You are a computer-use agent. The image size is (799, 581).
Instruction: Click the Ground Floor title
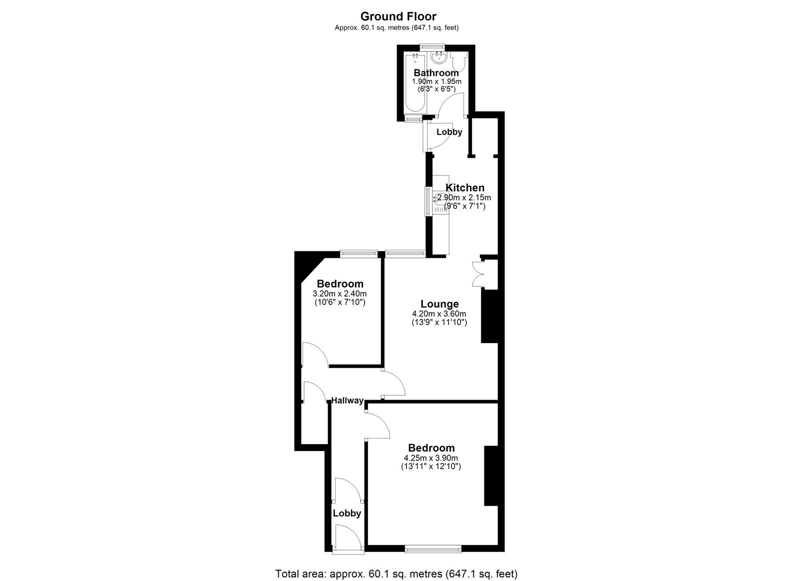(398, 16)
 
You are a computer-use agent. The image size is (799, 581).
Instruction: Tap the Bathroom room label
(436, 73)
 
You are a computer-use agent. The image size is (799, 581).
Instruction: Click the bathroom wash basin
(439, 58)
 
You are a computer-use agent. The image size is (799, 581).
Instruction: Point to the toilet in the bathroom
(458, 62)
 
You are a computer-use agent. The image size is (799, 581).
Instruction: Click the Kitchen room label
(464, 188)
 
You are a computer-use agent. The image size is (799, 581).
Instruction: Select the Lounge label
(439, 304)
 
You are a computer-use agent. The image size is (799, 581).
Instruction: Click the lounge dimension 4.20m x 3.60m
(439, 314)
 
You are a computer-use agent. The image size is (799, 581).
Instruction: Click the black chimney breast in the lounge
(489, 317)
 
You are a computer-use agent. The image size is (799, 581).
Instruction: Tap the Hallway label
(347, 400)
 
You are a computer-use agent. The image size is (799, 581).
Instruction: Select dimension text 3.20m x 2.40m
(339, 294)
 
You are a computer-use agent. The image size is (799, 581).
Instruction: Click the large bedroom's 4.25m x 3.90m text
(431, 458)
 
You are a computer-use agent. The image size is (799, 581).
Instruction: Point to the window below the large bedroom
(432, 551)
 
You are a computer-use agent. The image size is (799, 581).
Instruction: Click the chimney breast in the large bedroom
(491, 476)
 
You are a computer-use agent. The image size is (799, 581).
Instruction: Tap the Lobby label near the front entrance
(347, 513)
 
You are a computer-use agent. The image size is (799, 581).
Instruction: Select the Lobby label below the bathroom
(449, 132)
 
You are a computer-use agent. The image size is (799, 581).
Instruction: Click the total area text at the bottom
(396, 574)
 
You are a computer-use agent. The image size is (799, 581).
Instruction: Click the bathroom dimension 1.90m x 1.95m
(436, 81)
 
